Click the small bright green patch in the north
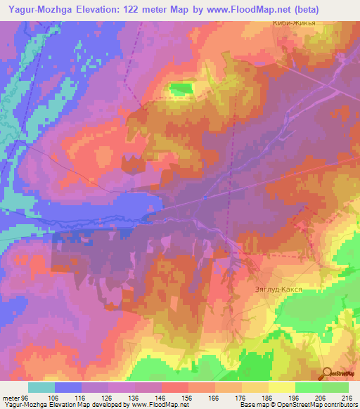[181, 89]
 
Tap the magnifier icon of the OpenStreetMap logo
[328, 374]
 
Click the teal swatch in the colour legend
[41, 388]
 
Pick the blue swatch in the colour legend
[68, 388]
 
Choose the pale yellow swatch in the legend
[281, 388]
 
